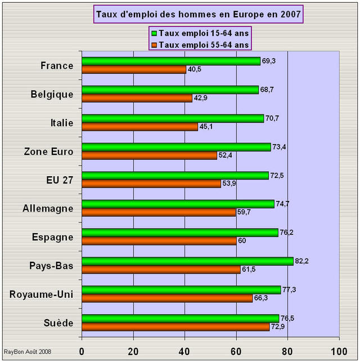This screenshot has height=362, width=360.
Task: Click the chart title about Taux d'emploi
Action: point(198,14)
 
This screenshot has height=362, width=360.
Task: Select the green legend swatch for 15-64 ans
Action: point(154,33)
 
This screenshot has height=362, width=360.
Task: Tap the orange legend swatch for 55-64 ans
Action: point(154,44)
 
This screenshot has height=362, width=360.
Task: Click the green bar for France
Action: point(171,61)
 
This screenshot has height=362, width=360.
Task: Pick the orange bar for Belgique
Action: point(137,98)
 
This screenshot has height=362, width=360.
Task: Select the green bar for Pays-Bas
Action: point(187,261)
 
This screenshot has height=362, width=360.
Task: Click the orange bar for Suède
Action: point(175,327)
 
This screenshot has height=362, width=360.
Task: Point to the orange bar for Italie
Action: point(139,127)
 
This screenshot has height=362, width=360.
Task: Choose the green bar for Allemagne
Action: point(178,204)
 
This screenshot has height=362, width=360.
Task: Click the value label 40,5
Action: point(193,70)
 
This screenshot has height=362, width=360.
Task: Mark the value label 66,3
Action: point(260,298)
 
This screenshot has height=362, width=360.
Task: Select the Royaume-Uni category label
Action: point(42,294)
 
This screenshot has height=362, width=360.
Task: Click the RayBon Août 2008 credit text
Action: point(28,351)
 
